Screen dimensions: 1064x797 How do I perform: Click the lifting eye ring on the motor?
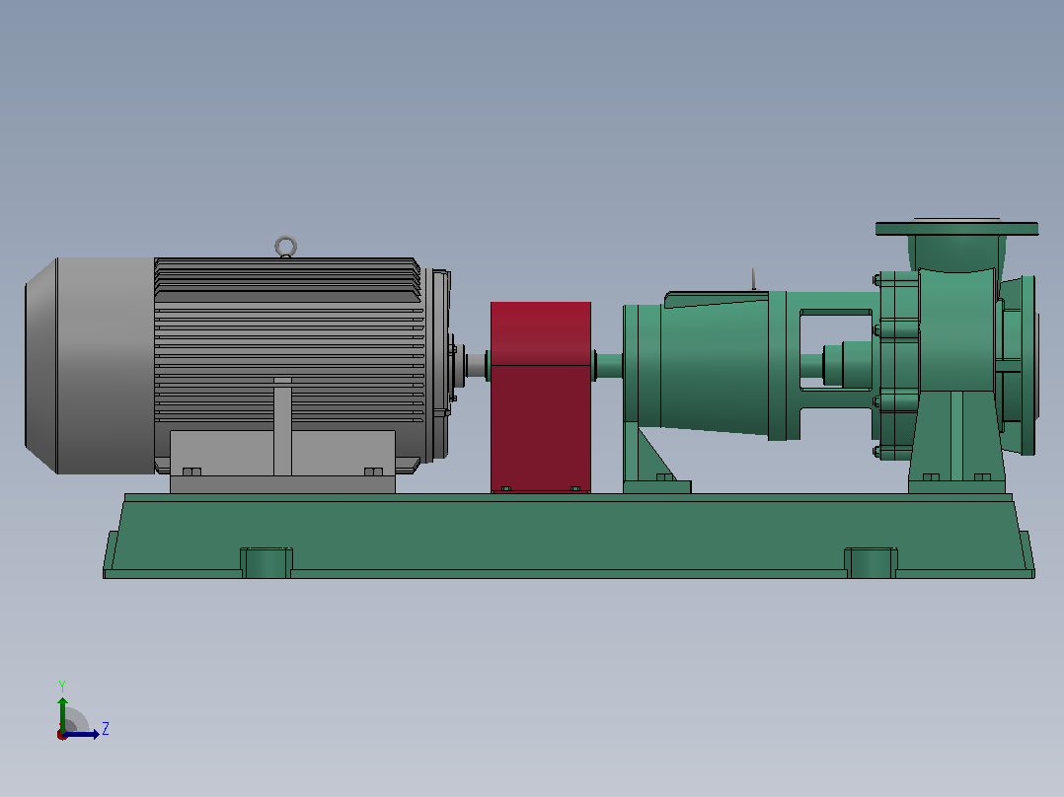coord(285,238)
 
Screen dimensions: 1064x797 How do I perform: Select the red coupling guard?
coord(541,397)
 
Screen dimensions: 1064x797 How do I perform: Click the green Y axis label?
coord(62,686)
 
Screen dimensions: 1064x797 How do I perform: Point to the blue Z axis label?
coord(106,729)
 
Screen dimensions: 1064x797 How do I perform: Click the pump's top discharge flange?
coord(956,228)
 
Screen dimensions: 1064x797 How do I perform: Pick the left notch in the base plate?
coord(266,563)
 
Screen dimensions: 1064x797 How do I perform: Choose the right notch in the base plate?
coord(871,563)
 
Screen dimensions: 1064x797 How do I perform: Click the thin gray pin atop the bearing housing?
coord(753,279)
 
